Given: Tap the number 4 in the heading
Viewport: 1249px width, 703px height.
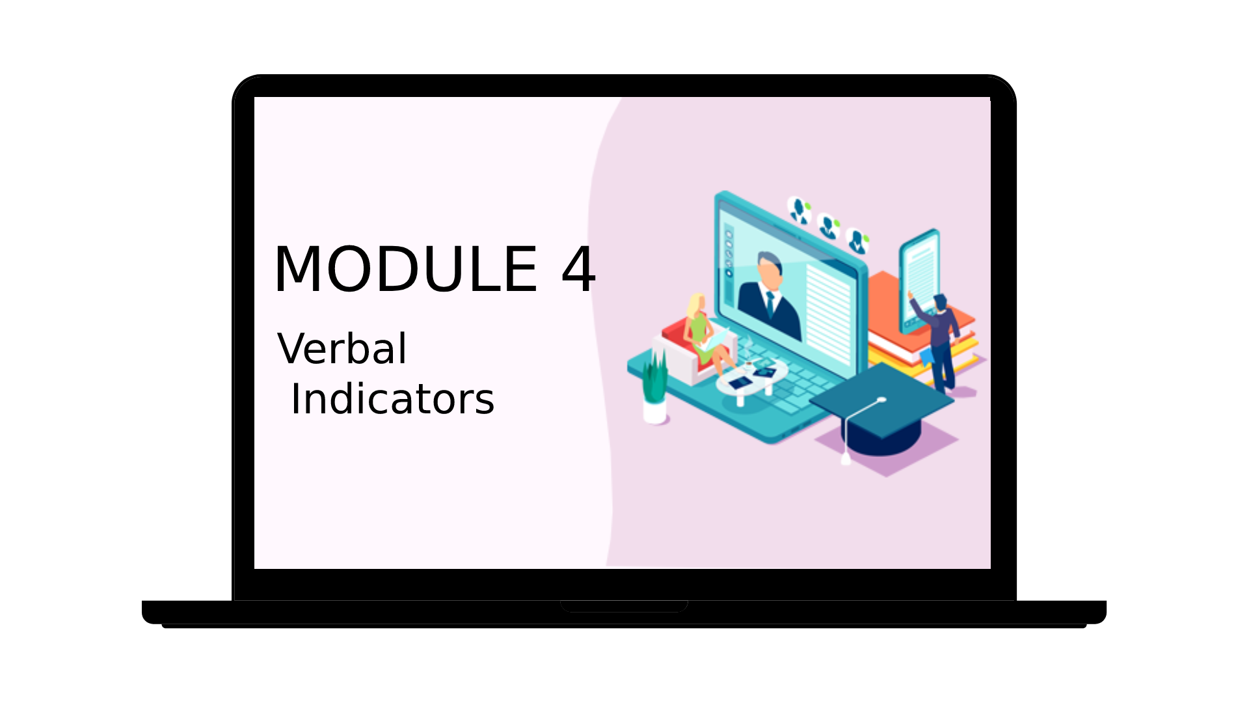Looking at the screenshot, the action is click(x=578, y=269).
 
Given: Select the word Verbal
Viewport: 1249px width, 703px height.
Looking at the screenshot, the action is click(x=342, y=348).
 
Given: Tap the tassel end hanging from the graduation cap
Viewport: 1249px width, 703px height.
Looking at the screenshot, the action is click(x=846, y=459).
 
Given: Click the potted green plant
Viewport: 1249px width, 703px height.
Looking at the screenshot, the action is click(x=654, y=387).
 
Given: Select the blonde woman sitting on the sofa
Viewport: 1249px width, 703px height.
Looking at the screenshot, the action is click(x=708, y=335).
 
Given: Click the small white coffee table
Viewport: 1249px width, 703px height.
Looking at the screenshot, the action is click(x=752, y=381).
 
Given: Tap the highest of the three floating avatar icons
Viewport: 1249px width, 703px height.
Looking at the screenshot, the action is click(x=799, y=210).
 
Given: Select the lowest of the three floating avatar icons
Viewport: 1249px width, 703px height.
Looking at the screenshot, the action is click(x=858, y=241).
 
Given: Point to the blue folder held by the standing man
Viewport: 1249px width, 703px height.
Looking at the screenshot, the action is click(x=926, y=356).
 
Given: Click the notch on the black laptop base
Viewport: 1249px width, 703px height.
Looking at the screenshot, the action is click(x=624, y=606).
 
